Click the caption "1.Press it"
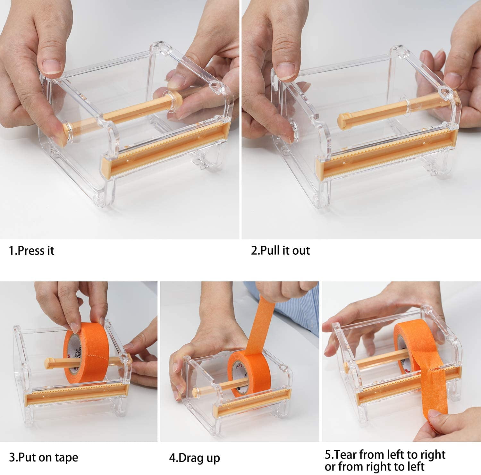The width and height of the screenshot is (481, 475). pos(31,250)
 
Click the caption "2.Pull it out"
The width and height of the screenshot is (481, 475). pos(280,250)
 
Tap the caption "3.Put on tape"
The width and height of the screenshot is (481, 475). pos(43,457)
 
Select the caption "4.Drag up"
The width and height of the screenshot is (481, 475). pos(194,458)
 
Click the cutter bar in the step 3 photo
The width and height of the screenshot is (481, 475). pos(77,393)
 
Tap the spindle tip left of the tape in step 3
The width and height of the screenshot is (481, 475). pos(48,362)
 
